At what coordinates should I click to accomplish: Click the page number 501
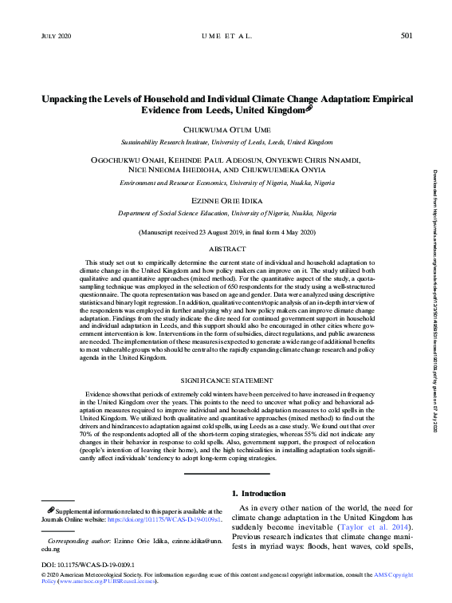(406, 36)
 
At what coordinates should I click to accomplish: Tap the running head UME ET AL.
(227, 36)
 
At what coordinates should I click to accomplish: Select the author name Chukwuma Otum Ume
(227, 129)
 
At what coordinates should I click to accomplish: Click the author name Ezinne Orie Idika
(227, 203)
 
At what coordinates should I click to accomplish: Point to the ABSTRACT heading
(227, 250)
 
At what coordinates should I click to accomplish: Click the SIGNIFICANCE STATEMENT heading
(227, 382)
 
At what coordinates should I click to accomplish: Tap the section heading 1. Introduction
(258, 494)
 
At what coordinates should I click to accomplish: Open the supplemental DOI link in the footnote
(155, 518)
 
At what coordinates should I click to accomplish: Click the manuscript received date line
(227, 232)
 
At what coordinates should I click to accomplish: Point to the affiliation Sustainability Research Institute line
(227, 142)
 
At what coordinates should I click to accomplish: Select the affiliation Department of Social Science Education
(227, 215)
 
